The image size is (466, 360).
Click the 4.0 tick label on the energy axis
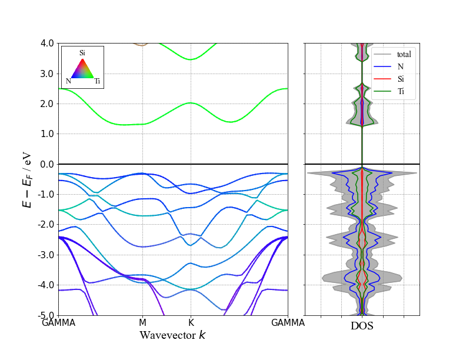point(48,43)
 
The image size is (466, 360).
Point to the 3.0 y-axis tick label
point(48,74)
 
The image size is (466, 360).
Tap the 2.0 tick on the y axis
point(48,104)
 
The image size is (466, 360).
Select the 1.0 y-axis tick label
point(48,134)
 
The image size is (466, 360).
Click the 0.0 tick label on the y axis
point(48,164)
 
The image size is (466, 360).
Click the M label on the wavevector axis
point(142,323)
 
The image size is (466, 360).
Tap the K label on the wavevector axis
point(191,323)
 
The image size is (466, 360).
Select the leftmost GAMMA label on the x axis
point(59,323)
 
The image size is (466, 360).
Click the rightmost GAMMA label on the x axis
point(288,323)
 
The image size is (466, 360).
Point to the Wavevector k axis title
point(172,335)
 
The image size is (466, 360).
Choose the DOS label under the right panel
point(362,326)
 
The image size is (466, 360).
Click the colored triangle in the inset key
point(83,69)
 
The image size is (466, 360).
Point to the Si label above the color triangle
point(82,53)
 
